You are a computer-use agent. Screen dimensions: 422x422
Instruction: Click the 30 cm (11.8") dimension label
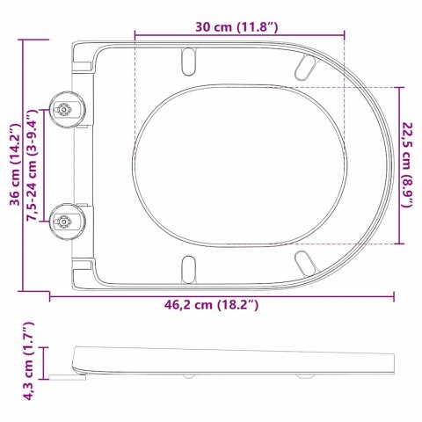click(x=239, y=27)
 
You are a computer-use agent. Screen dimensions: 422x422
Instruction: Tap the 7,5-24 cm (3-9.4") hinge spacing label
click(x=33, y=166)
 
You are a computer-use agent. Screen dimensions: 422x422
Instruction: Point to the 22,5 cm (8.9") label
click(x=411, y=164)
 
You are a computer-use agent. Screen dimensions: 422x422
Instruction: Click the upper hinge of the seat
click(x=66, y=109)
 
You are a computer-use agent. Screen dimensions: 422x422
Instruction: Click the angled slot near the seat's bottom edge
click(x=304, y=261)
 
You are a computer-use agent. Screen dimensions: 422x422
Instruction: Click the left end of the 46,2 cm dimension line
click(x=49, y=295)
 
